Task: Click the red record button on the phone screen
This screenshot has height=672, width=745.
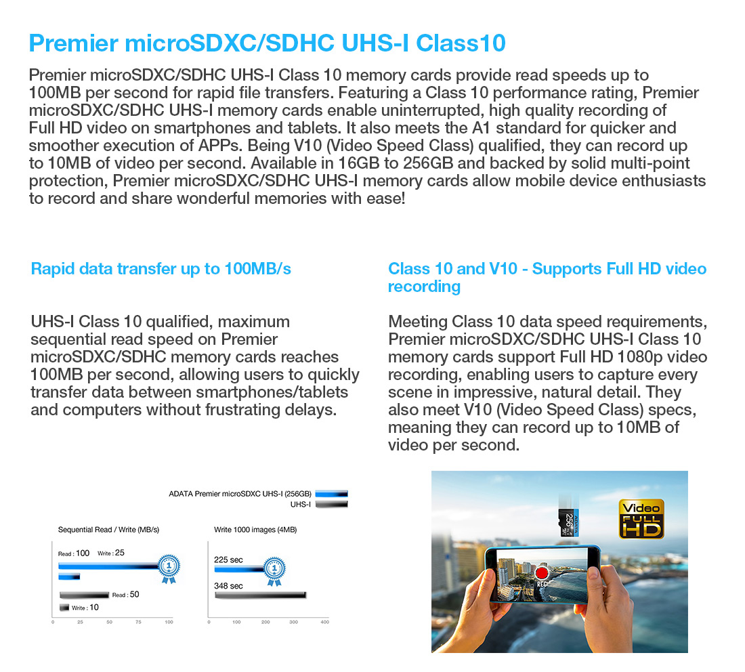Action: pyautogui.click(x=542, y=572)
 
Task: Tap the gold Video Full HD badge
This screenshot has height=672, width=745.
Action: pyautogui.click(x=641, y=519)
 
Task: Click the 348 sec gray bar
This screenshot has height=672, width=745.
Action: pyautogui.click(x=260, y=595)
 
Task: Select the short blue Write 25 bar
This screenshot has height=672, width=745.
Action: pyautogui.click(x=69, y=577)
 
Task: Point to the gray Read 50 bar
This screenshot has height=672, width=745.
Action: pyautogui.click(x=85, y=595)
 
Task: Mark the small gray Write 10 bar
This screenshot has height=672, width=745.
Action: pyautogui.click(x=64, y=608)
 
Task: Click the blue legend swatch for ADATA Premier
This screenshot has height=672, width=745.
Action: pyautogui.click(x=332, y=494)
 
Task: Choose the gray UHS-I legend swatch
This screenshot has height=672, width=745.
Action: pyautogui.click(x=332, y=504)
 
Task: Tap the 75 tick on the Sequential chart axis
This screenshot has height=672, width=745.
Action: pyautogui.click(x=138, y=622)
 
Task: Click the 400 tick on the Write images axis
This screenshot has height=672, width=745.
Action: pyautogui.click(x=325, y=622)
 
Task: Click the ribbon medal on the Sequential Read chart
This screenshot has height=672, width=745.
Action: pyautogui.click(x=169, y=568)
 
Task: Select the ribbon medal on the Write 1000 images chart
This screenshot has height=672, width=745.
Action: pyautogui.click(x=274, y=571)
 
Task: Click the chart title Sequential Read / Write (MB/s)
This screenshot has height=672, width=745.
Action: pyautogui.click(x=109, y=530)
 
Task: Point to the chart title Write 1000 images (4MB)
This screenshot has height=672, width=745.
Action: pyautogui.click(x=255, y=530)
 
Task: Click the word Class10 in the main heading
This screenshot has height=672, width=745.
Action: pyautogui.click(x=461, y=43)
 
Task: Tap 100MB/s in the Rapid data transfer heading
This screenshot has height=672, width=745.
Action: pyautogui.click(x=257, y=269)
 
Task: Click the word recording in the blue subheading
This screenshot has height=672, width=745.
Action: pyautogui.click(x=424, y=287)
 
